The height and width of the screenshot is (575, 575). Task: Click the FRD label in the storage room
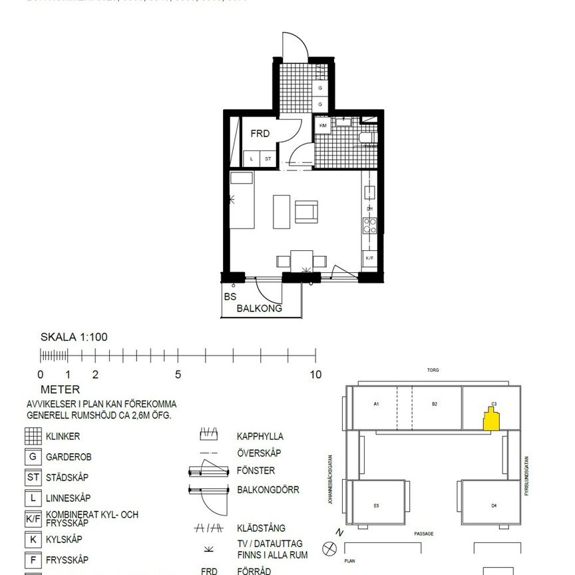260,134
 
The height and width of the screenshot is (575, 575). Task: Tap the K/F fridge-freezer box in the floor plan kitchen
369,258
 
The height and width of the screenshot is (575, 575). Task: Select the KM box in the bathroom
323,125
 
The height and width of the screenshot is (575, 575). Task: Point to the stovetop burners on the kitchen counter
369,226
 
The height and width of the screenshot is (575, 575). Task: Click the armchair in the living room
307,212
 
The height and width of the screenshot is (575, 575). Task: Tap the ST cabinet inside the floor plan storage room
268,158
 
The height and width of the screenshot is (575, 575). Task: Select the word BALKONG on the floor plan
260,309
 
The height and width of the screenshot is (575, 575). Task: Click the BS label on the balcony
230,297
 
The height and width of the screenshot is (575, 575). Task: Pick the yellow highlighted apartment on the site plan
491,420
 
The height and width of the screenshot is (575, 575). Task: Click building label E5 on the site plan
376,506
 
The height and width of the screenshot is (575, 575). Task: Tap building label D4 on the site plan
493,506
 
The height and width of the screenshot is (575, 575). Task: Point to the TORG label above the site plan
433,370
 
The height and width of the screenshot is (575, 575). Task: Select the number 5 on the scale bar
178,375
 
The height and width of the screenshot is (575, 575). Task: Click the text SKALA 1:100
74,337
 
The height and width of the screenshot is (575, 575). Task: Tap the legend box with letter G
33,457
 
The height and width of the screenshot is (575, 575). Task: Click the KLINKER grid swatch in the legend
33,437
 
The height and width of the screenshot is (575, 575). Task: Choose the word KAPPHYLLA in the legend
260,437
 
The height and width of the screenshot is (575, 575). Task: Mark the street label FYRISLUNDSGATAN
526,477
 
